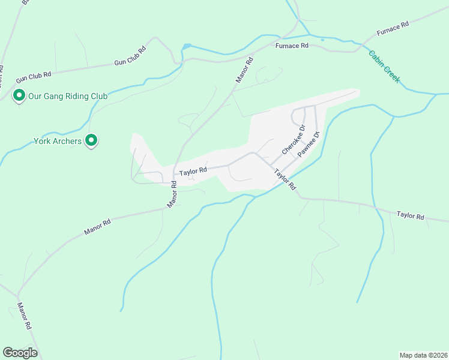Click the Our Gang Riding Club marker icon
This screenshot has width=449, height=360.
tap(19, 95)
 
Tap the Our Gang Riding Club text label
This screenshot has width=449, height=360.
tap(66, 96)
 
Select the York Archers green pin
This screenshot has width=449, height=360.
tap(91, 140)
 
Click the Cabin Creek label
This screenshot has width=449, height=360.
tap(384, 66)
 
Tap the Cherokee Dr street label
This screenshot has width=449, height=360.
tap(294, 140)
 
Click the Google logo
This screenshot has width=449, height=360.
tap(20, 353)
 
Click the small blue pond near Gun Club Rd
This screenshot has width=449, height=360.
tap(187, 46)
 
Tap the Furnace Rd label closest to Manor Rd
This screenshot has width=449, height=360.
tap(292, 45)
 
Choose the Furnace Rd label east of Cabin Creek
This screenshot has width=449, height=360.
tap(393, 28)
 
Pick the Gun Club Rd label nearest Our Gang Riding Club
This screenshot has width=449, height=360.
tap(34, 76)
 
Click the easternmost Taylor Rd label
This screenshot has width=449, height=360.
tap(411, 215)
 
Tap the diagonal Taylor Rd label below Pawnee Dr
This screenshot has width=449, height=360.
tap(286, 180)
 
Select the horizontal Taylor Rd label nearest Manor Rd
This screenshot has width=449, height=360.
tap(193, 172)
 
